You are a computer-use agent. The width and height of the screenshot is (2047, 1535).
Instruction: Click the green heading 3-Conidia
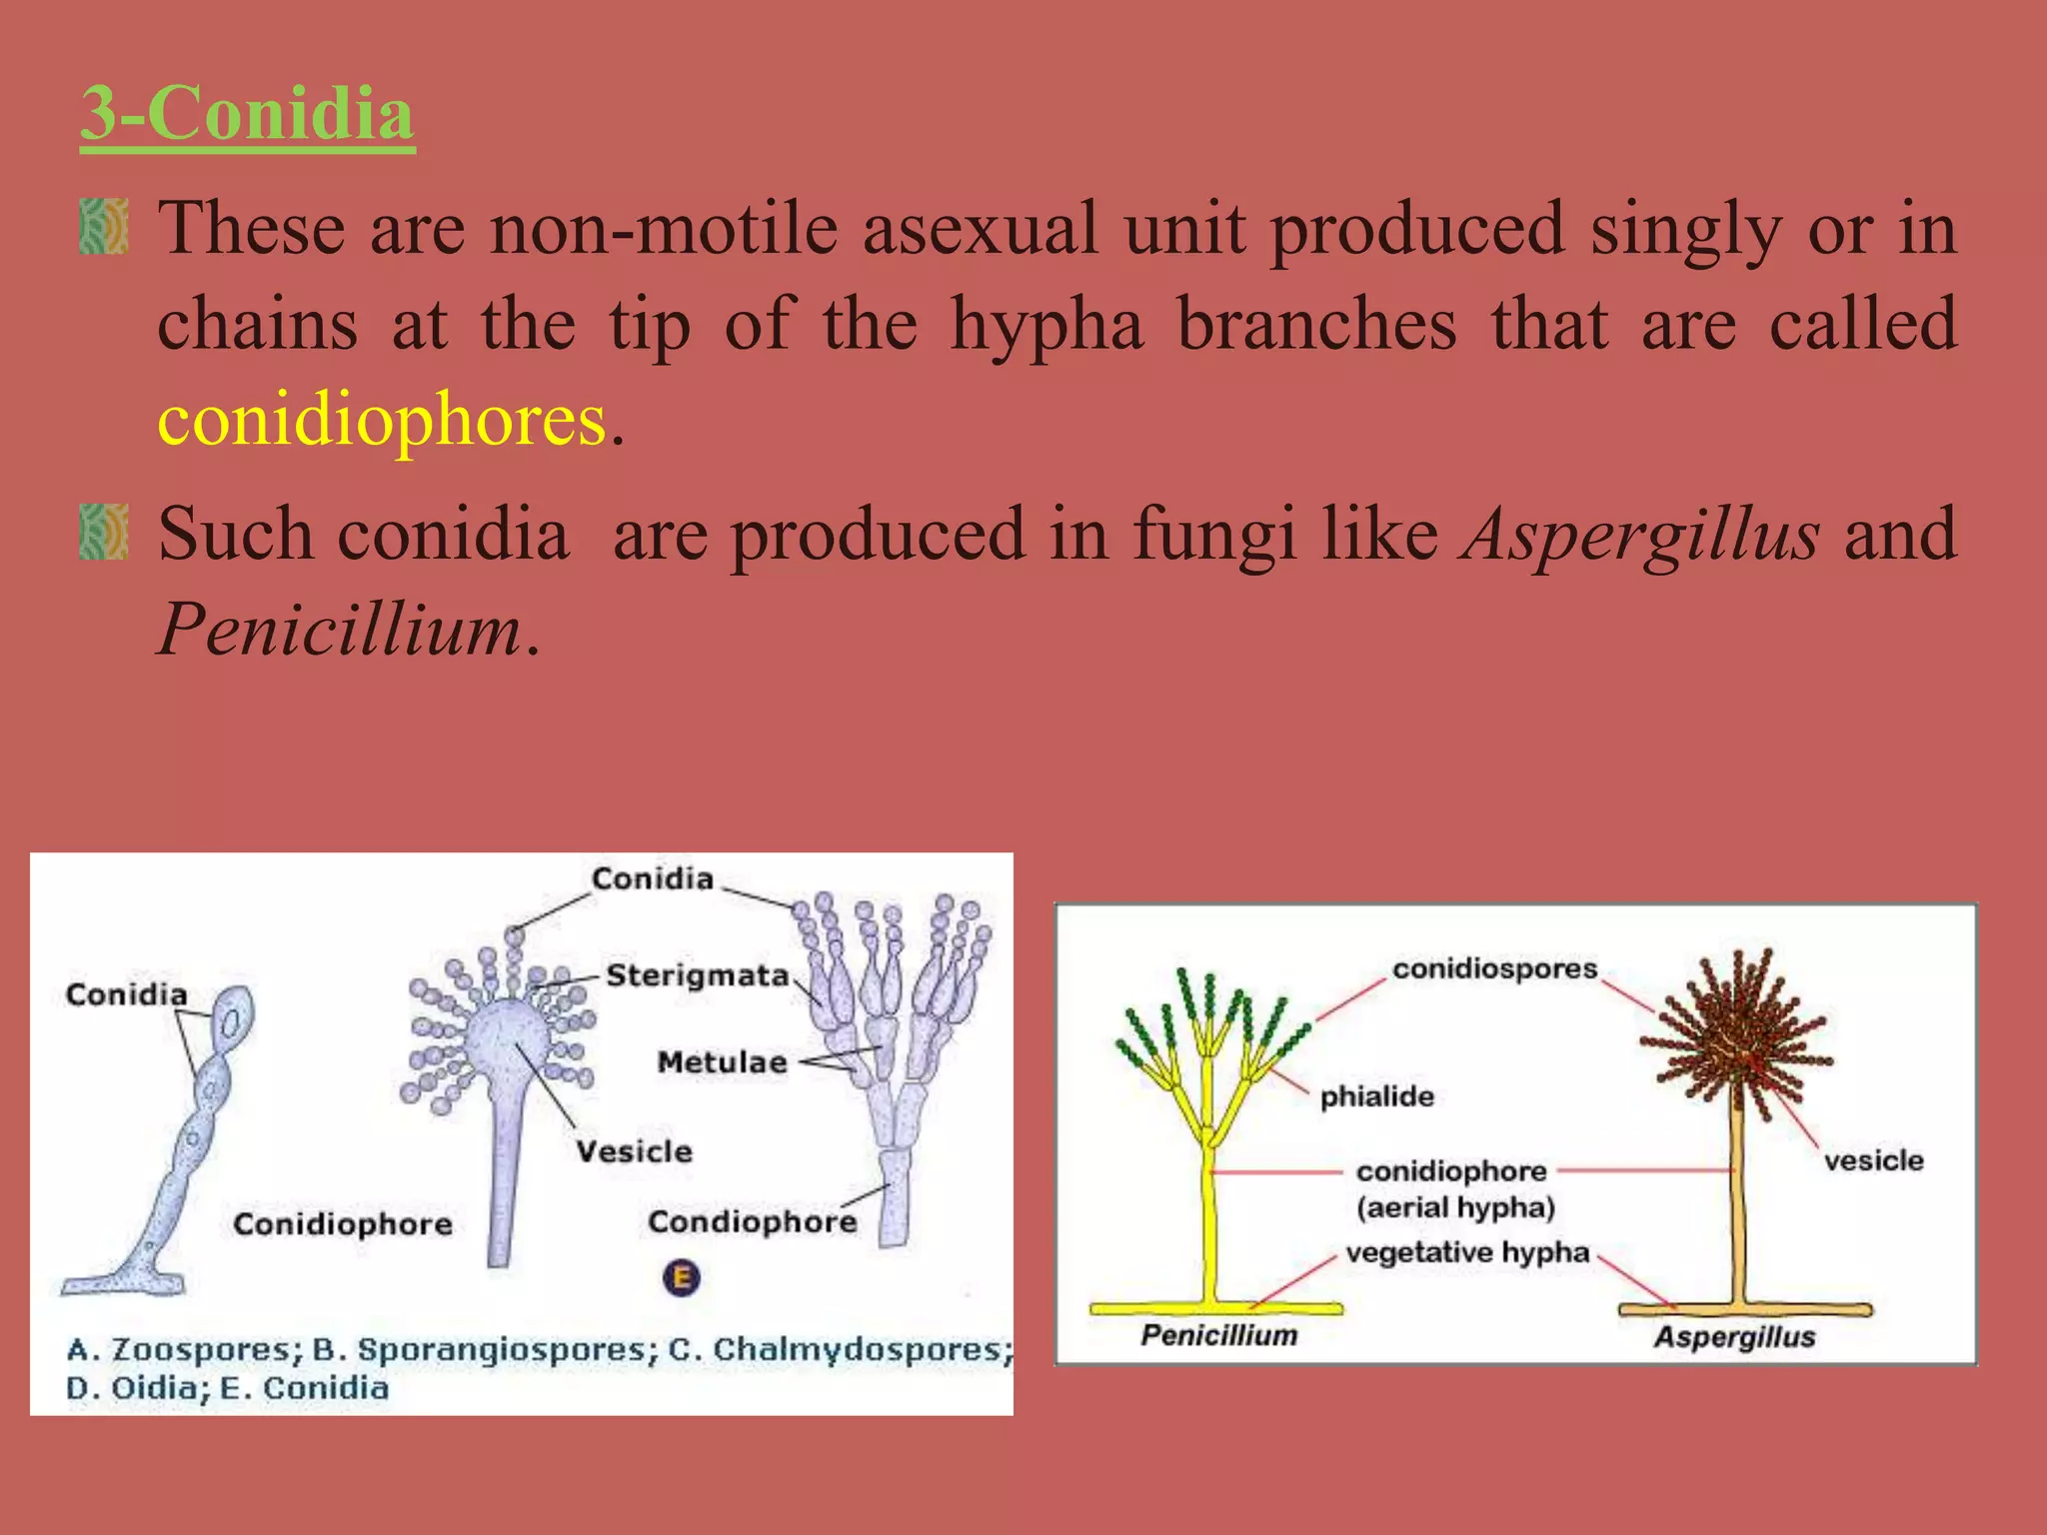(247, 113)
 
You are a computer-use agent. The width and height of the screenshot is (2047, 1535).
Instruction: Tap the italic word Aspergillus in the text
(1640, 534)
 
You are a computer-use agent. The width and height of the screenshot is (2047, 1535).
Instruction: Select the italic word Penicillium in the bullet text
(340, 630)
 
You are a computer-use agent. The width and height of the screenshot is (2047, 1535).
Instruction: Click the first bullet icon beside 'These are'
(104, 227)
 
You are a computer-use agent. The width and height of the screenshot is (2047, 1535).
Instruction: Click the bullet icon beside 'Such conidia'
(104, 532)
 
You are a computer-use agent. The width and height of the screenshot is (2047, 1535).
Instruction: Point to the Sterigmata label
(698, 974)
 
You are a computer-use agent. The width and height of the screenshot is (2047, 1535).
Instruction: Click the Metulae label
(722, 1061)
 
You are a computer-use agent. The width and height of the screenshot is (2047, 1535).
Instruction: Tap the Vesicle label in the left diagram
(634, 1151)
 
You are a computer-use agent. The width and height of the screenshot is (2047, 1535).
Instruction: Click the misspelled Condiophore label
(752, 1221)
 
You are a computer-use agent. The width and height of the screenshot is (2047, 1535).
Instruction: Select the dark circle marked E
(682, 1277)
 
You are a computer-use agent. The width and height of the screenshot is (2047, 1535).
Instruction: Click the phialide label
(1376, 1096)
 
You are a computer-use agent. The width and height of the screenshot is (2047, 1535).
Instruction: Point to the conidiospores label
(1494, 968)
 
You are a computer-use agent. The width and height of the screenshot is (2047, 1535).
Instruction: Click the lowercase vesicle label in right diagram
(1873, 1160)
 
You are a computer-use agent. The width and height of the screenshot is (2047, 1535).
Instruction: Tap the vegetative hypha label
(1466, 1252)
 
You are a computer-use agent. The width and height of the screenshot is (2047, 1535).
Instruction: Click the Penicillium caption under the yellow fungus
(1218, 1335)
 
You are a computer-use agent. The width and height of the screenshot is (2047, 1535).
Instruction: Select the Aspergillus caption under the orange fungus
(1734, 1337)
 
